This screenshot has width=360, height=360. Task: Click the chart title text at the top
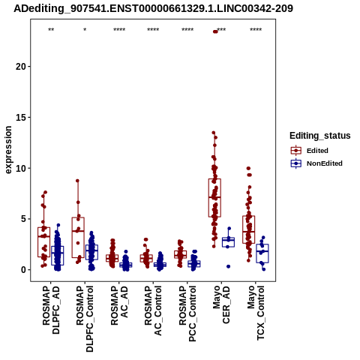(153, 8)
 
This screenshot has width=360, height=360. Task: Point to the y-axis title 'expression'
(8, 150)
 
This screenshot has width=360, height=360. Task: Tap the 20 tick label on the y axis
(21, 67)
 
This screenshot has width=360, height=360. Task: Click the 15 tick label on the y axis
(21, 118)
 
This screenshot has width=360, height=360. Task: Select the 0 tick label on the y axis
(23, 270)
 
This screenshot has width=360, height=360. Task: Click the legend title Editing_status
(320, 136)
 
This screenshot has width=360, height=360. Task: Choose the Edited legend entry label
(317, 151)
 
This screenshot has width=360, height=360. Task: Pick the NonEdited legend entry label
(325, 163)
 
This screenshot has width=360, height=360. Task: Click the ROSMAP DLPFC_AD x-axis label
(51, 310)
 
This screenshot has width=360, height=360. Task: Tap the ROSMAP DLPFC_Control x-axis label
(85, 319)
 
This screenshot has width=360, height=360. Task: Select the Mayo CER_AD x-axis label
(221, 304)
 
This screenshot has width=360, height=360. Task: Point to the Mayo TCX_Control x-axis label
(256, 313)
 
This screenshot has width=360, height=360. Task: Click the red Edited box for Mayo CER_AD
(214, 198)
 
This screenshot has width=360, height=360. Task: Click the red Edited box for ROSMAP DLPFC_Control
(78, 238)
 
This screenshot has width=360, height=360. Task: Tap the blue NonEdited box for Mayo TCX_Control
(262, 253)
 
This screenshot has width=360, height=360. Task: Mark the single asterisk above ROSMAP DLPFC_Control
(85, 30)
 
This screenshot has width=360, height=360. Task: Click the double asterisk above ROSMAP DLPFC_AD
(51, 30)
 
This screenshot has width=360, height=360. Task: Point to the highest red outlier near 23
(215, 31)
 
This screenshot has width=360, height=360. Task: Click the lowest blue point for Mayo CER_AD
(228, 266)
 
